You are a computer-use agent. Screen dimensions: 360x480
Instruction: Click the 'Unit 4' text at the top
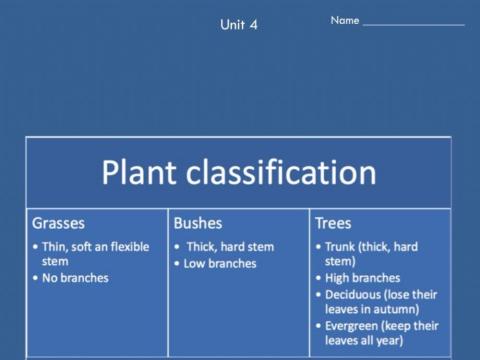point(238,25)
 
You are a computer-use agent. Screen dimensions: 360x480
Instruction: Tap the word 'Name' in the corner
point(344,20)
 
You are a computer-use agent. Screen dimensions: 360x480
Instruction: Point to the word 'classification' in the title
point(291,172)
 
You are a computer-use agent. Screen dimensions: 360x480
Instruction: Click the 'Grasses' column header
point(58,223)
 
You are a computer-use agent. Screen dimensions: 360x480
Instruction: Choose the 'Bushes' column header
point(198,223)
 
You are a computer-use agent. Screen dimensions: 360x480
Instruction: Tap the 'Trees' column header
point(333,223)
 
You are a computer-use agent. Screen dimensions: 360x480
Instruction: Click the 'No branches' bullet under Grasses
point(75,277)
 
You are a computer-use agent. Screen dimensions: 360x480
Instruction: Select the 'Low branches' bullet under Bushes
point(220,263)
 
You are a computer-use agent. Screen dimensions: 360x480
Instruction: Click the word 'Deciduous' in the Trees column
point(355,294)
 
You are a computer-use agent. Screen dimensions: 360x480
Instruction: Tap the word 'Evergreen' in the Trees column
point(356,326)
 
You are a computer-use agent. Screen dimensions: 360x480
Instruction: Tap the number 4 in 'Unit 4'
point(253,25)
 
